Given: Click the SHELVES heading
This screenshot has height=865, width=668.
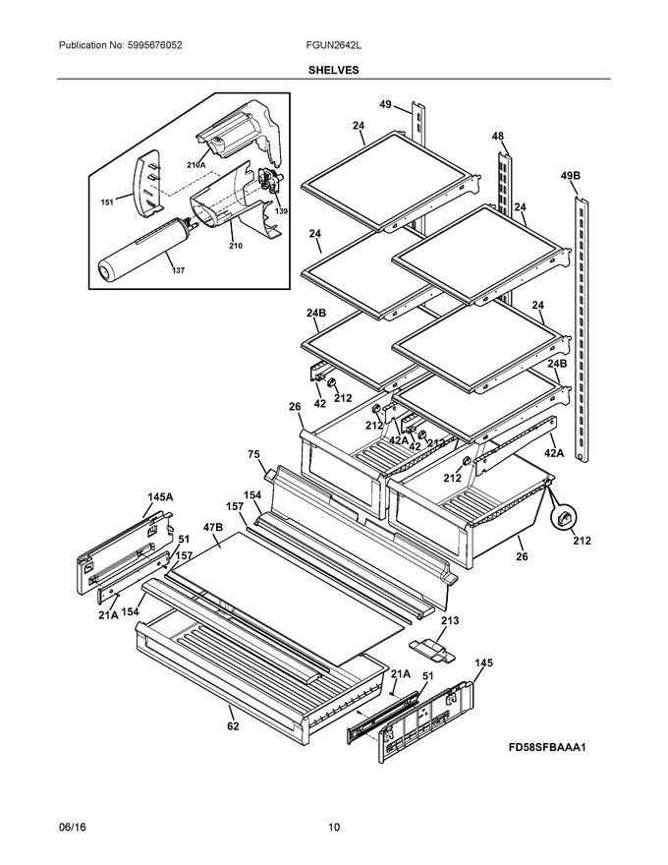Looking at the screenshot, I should click(x=334, y=70).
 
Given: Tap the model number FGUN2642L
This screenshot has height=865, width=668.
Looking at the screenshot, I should click(x=334, y=45).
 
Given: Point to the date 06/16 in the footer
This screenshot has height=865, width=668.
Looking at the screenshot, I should click(x=69, y=827).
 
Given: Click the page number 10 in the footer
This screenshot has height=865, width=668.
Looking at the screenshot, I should click(x=334, y=827).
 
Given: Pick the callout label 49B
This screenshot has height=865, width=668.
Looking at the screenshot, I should click(x=570, y=176).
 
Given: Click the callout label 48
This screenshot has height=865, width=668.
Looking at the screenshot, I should click(x=497, y=136).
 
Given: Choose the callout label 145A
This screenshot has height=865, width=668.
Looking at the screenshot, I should click(x=159, y=498).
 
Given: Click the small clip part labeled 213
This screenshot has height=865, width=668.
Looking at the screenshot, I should click(x=429, y=646).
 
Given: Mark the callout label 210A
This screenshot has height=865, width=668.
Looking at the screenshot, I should click(x=195, y=166).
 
